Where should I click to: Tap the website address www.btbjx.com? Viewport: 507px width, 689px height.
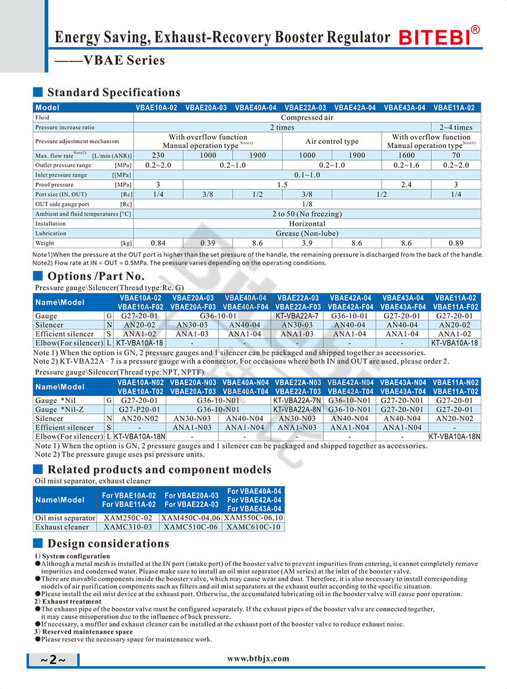(258, 659)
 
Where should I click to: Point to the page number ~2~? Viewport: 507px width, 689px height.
(52, 660)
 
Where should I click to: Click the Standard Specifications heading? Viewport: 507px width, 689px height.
(113, 93)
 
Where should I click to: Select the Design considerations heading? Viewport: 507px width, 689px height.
(108, 543)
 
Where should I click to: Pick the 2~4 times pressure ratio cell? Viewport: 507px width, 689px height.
(456, 127)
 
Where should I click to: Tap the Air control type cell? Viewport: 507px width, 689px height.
(332, 142)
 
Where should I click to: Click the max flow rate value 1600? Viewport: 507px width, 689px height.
(406, 155)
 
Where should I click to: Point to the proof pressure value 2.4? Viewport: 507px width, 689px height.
(406, 185)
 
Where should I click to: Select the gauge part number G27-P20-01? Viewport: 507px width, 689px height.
(139, 410)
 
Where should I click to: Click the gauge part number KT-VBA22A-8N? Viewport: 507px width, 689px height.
(297, 410)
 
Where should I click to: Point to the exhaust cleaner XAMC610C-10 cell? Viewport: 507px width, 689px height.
(253, 527)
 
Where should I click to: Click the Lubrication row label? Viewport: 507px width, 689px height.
(51, 233)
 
